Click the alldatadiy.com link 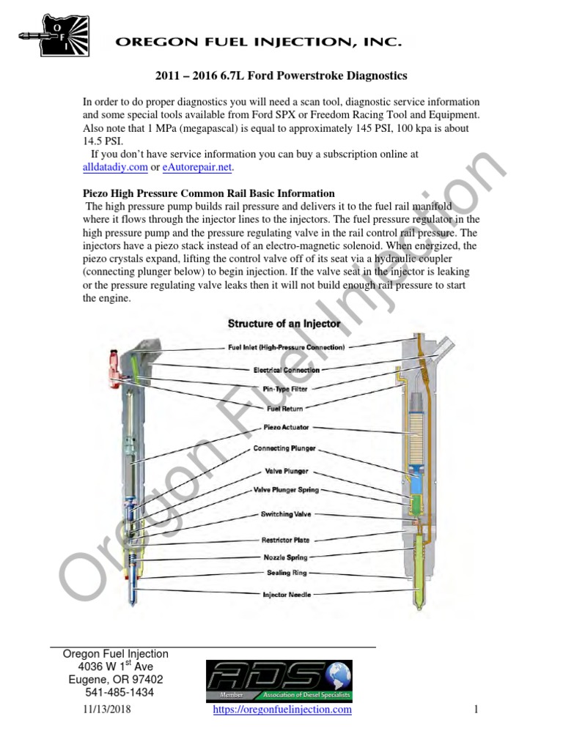pos(115,167)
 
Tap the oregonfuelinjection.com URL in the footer pos(282,709)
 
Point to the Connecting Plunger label pos(285,448)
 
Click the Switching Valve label pos(287,514)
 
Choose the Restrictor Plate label pos(286,540)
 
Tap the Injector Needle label pos(286,595)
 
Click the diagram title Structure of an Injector pos(284,323)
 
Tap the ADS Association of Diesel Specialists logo pos(279,680)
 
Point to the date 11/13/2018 pos(104,709)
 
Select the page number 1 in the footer pos(476,709)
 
